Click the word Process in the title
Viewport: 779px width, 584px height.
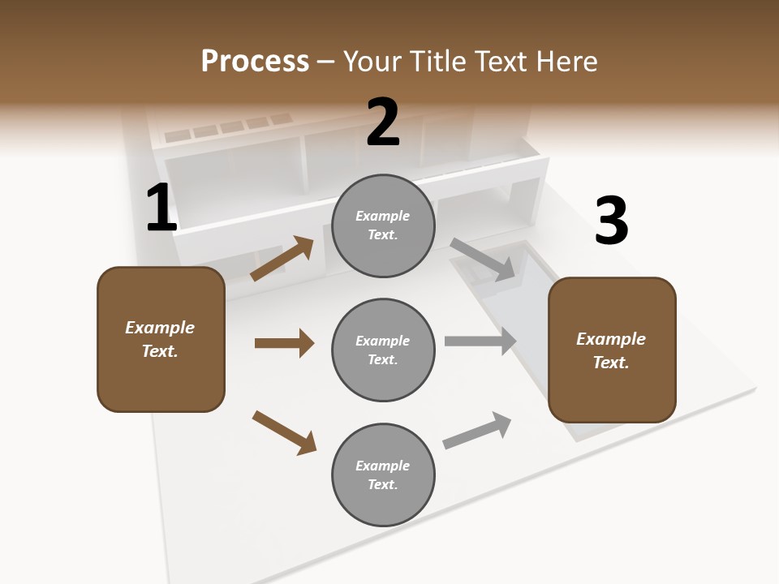coord(255,62)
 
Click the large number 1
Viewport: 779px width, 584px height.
coord(161,208)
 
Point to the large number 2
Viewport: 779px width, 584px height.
coord(383,122)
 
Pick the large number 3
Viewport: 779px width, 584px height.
coord(611,221)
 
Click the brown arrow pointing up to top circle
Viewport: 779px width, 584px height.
coord(282,259)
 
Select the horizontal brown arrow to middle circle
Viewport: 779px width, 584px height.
coord(284,343)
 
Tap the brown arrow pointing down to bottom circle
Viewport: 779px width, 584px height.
coord(284,432)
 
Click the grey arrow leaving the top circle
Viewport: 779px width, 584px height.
coord(483,260)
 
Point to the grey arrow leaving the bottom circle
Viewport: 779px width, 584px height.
coord(477,430)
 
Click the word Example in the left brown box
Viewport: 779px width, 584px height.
coord(160,328)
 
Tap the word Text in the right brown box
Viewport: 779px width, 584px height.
coord(610,363)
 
